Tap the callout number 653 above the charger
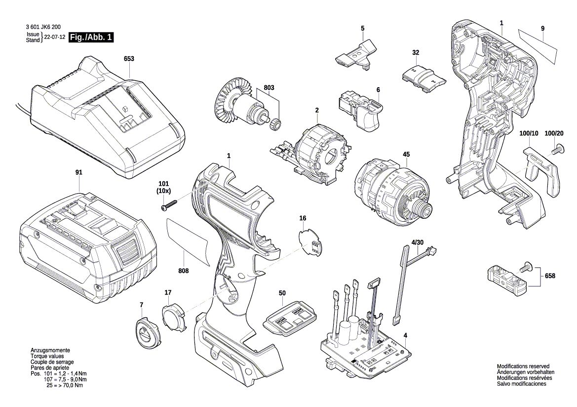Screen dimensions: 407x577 129,59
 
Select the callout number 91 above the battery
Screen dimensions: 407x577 79,172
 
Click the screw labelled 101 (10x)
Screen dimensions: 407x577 169,205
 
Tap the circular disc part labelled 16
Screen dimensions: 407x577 310,241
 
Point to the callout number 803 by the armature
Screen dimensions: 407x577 269,87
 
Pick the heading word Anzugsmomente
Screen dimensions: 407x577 50,349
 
